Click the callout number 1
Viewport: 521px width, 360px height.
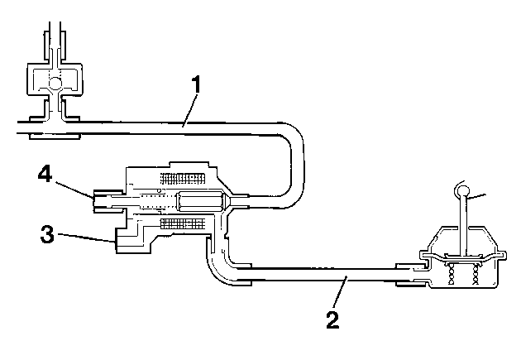pos(197,84)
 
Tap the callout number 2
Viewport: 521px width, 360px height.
pos(333,319)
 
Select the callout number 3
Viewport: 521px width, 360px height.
pos(47,233)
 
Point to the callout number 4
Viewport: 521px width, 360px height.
pos(45,174)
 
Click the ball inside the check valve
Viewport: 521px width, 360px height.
pos(55,83)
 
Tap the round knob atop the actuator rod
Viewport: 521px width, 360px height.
pos(462,190)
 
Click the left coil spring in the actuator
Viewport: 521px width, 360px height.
pos(452,273)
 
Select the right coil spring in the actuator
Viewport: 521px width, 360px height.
pos(476,273)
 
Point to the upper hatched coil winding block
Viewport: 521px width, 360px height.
pos(183,179)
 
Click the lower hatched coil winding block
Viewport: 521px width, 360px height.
pos(183,224)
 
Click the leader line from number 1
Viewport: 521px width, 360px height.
pos(189,110)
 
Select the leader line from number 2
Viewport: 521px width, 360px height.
pos(339,293)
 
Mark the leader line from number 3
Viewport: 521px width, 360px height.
pos(88,238)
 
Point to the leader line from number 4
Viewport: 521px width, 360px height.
pos(74,190)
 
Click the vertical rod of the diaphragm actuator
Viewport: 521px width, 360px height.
pos(463,227)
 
